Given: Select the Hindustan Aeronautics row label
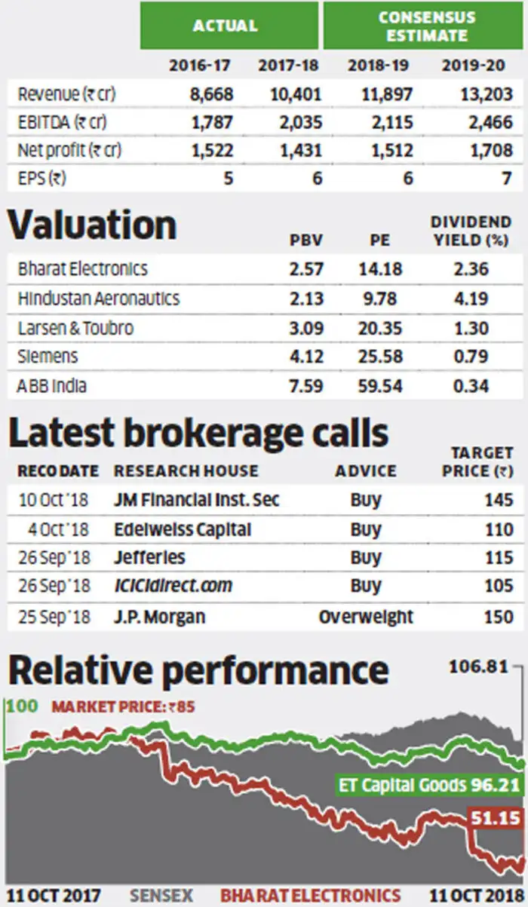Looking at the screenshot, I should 99,298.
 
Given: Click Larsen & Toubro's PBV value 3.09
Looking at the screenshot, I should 308,327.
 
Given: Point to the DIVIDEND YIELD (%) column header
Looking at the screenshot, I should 471,231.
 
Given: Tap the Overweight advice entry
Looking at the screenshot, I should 366,616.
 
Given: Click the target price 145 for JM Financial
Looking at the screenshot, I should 499,500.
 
